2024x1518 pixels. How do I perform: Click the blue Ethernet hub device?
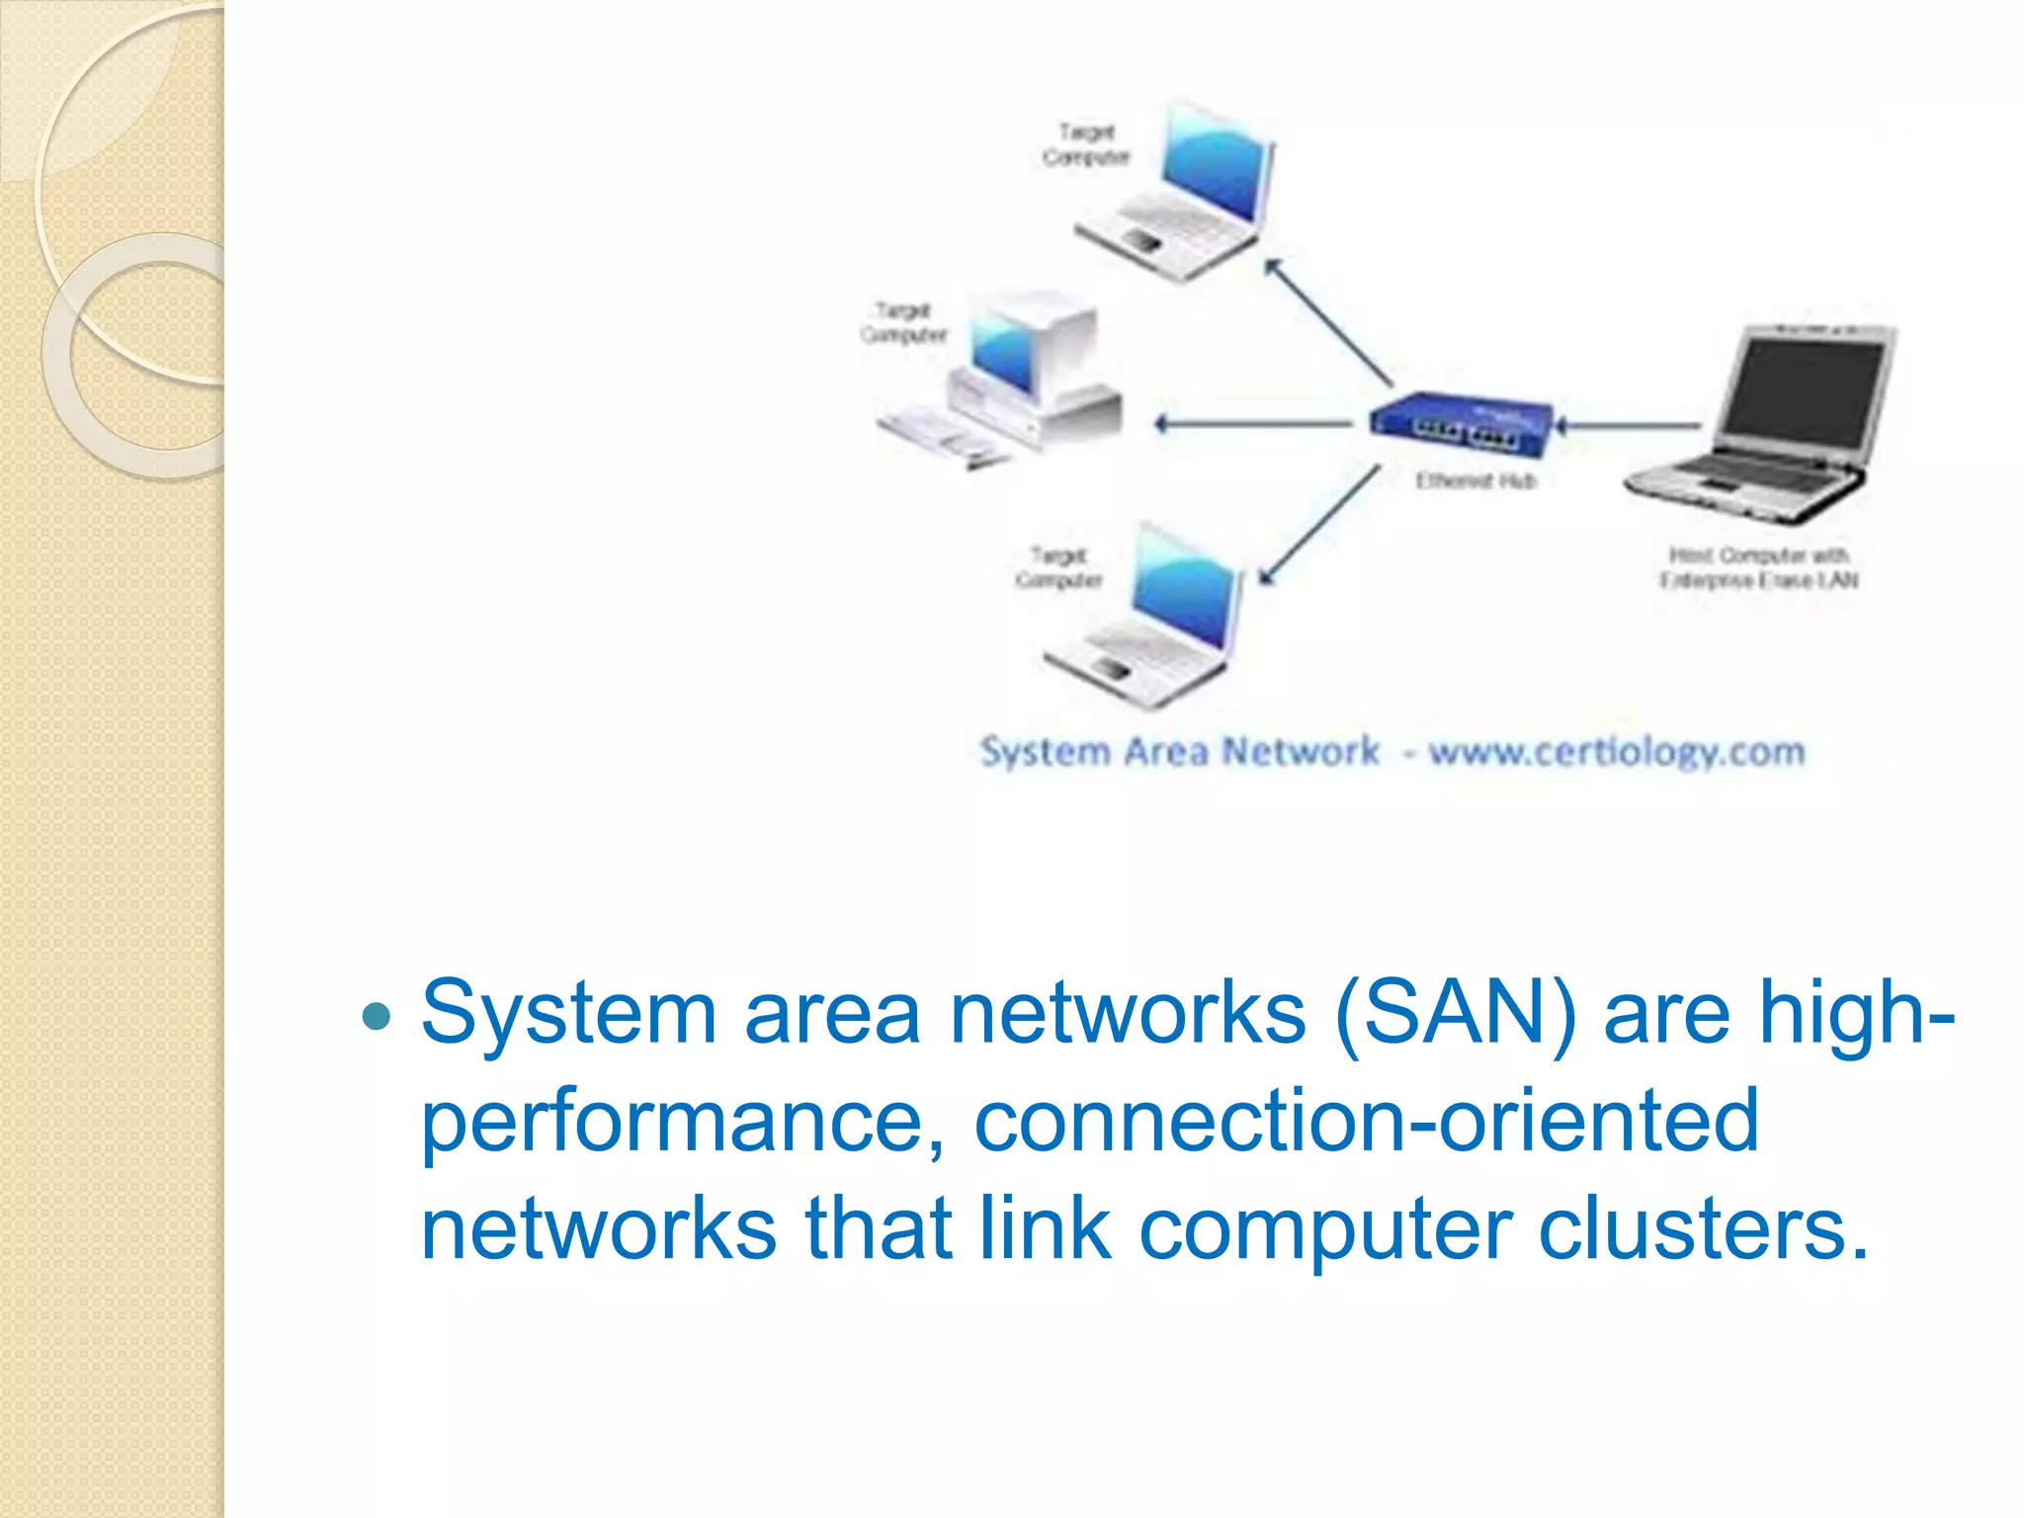tap(1461, 425)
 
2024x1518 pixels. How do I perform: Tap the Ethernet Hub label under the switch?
tap(1476, 481)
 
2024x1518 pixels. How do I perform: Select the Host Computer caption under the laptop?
tap(1758, 567)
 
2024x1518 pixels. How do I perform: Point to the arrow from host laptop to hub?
tap(1631, 426)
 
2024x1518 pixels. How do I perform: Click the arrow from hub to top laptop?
tap(1329, 322)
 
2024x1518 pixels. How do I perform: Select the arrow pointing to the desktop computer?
tap(1253, 425)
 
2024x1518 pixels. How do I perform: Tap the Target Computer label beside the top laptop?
tap(1085, 144)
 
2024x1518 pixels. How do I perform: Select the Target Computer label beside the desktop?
tap(903, 323)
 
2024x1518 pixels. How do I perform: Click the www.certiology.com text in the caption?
tap(1617, 752)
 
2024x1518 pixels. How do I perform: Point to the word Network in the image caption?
tap(1301, 752)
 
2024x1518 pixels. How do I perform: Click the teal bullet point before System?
tap(378, 1015)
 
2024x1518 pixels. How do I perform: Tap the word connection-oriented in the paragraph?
tap(1366, 1121)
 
